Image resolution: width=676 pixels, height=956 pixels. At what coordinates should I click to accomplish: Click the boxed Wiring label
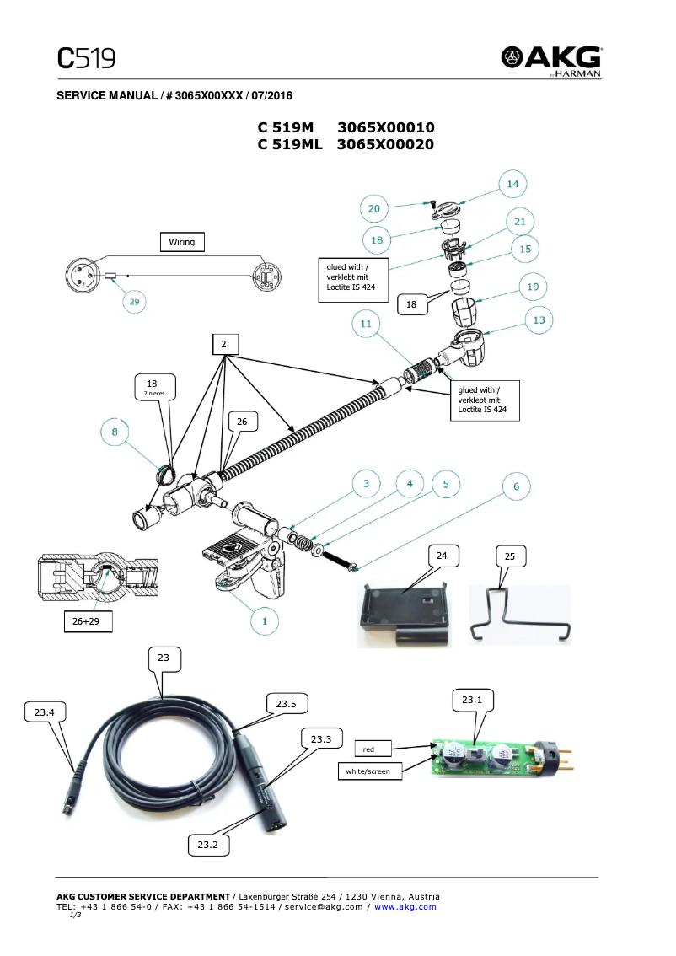(181, 242)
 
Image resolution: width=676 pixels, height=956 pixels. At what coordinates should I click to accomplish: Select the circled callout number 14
(512, 184)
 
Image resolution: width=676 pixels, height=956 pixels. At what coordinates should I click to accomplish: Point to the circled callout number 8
(115, 432)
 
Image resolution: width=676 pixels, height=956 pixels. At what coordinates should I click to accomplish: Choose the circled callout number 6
(516, 486)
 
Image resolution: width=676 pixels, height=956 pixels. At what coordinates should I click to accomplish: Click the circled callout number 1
(265, 621)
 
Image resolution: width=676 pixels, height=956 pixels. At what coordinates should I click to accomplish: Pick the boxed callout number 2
(224, 344)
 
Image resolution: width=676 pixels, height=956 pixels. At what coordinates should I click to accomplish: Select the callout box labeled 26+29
(88, 621)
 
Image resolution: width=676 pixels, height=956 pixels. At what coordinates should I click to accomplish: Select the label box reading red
(368, 749)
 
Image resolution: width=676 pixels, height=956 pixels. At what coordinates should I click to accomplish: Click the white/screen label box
(368, 771)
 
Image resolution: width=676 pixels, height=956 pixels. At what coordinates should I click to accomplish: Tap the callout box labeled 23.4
(45, 712)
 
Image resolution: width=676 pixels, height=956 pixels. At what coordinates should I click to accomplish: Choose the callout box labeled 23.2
(207, 844)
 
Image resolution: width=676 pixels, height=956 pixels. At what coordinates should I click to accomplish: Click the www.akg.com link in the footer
(405, 906)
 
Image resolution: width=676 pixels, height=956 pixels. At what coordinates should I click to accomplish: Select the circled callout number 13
(539, 320)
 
